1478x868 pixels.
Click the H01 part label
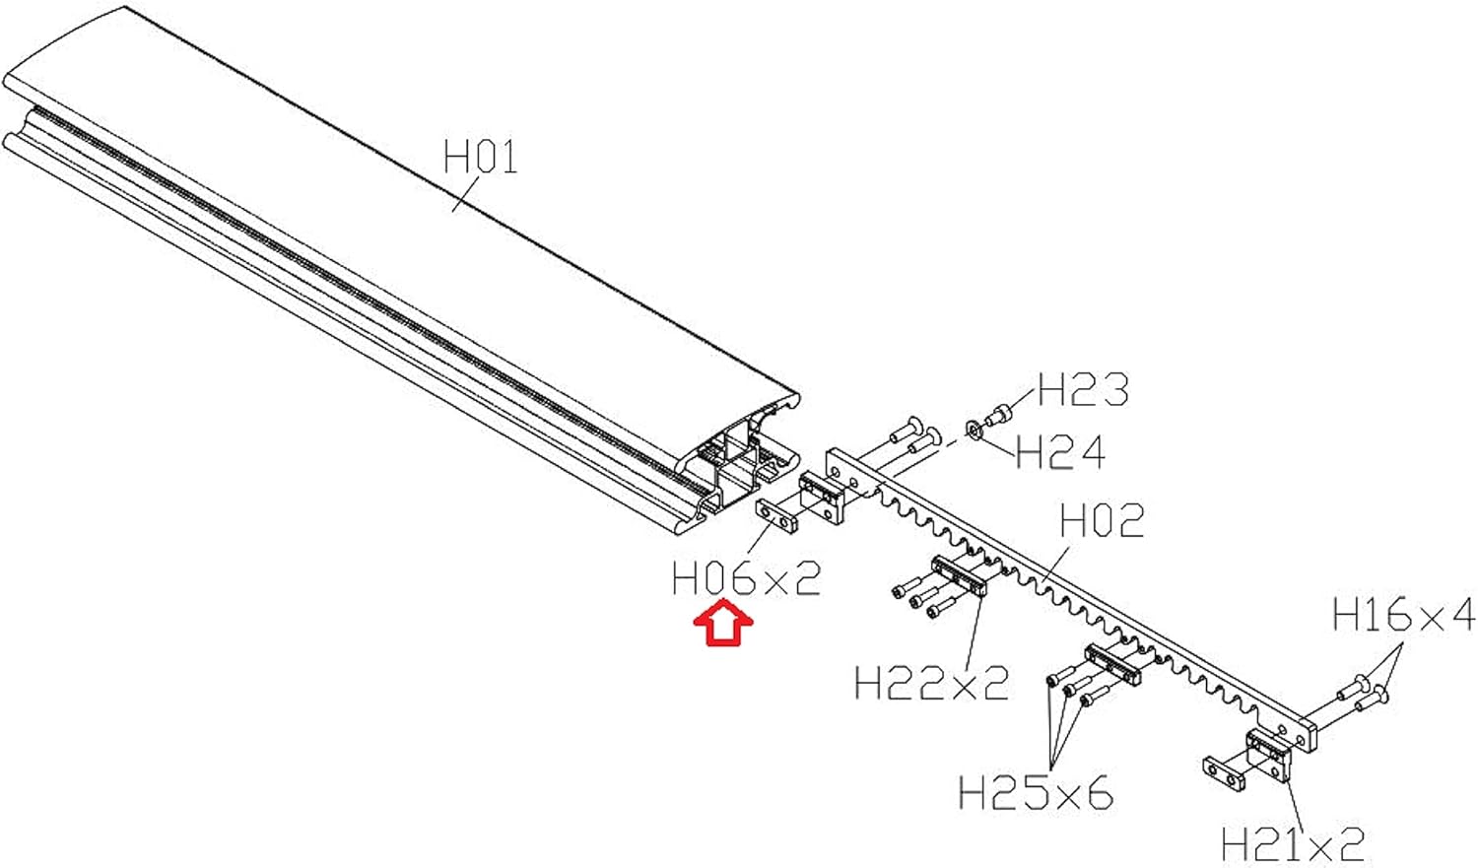tap(480, 157)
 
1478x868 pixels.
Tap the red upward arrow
tap(723, 625)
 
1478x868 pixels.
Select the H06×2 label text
tap(746, 579)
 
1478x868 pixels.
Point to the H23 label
tap(1083, 390)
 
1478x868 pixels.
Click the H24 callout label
tap(1060, 453)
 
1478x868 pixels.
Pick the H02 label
tap(1102, 521)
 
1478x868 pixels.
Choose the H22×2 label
tap(931, 683)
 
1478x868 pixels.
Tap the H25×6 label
tap(1035, 792)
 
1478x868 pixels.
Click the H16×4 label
tap(1403, 615)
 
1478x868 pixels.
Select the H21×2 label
tap(1293, 844)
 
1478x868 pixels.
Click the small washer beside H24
tap(974, 431)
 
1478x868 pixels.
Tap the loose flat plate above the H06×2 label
tap(777, 515)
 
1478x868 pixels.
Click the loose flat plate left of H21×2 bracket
tap(1224, 771)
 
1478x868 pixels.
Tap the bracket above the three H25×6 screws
tap(1112, 664)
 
